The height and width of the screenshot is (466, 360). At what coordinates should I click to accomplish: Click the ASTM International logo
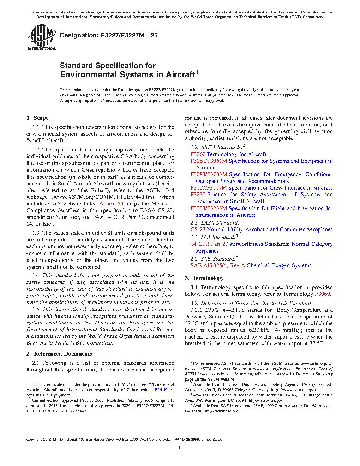pos(41,37)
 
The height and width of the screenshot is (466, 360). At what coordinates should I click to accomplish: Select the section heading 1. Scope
pos(37,118)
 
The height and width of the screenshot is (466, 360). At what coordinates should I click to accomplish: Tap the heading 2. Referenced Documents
pos(59,354)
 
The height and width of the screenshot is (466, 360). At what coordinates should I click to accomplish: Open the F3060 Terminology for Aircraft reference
pos(228,154)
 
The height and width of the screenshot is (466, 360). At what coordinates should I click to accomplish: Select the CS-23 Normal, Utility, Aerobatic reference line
pos(262,229)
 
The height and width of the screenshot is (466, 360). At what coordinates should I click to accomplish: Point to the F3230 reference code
pos(198,195)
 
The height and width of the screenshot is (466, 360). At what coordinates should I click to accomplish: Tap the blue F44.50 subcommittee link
pos(161,390)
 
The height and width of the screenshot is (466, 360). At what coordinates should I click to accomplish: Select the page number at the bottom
pos(180,448)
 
